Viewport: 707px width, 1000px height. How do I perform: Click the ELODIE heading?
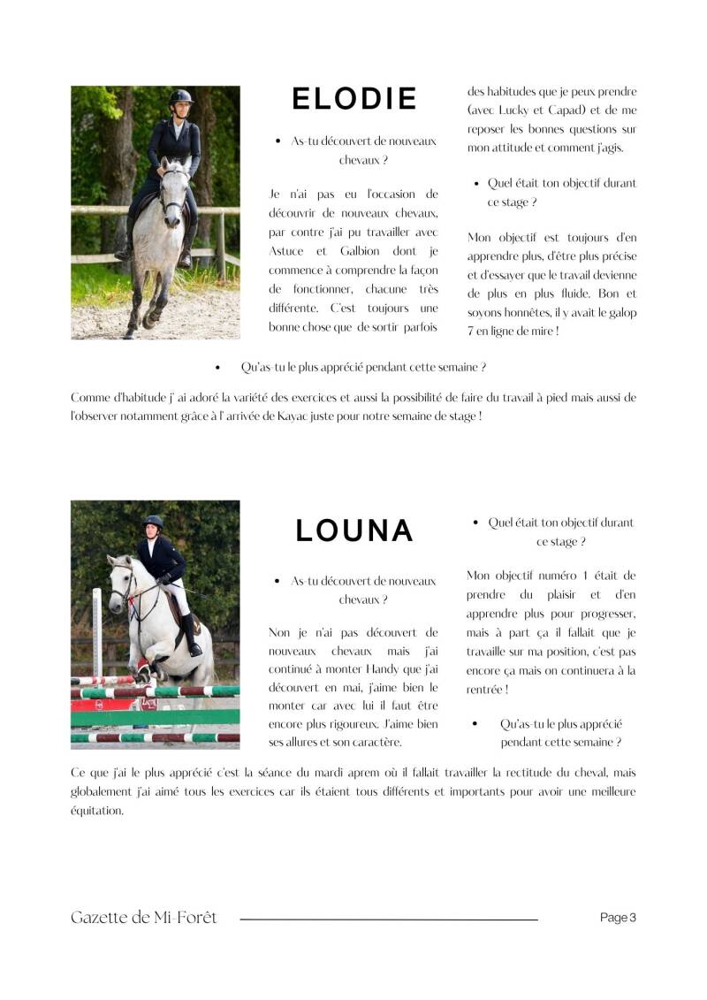pos(354,99)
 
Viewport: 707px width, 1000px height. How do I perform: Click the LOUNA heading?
pos(354,531)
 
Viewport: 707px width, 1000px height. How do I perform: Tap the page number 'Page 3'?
pos(618,918)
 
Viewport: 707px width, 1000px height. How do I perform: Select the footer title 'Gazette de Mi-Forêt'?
pos(143,918)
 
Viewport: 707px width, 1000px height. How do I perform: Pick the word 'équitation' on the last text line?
pos(97,810)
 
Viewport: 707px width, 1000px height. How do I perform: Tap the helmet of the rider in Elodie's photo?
pos(181,96)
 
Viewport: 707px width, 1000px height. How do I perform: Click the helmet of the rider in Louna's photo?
pos(154,523)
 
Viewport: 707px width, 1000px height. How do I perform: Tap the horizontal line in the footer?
pos(389,920)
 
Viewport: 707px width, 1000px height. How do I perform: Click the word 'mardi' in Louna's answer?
pos(328,773)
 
